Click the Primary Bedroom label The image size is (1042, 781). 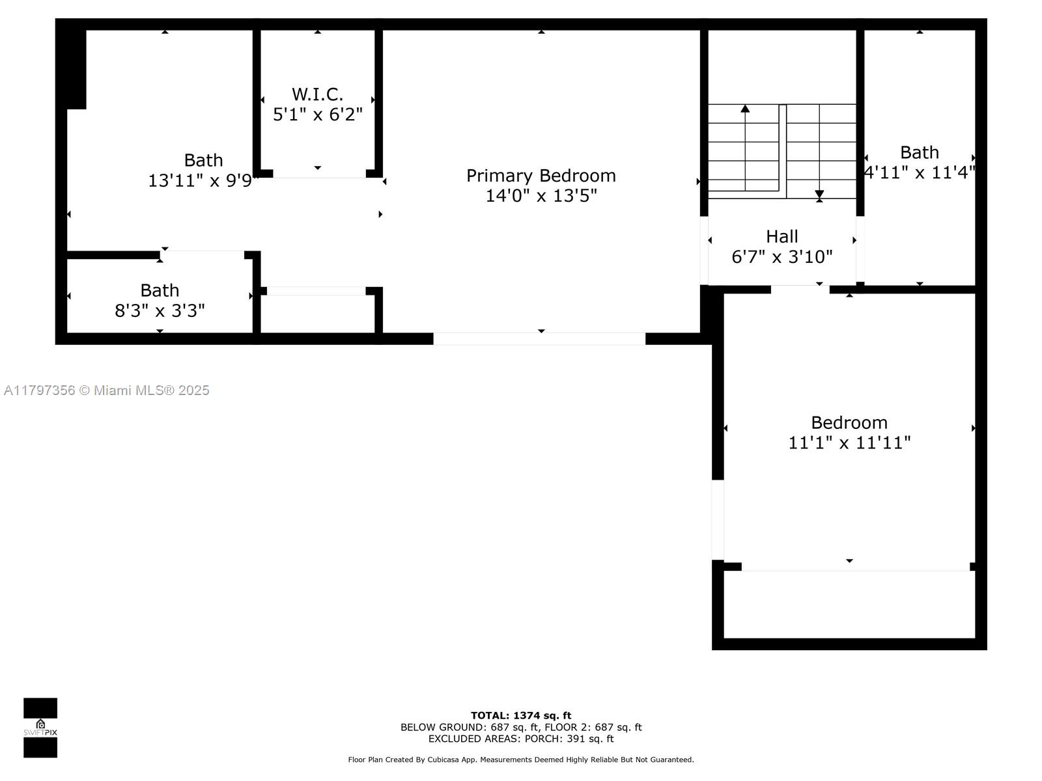point(541,176)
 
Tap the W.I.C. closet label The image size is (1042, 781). point(317,94)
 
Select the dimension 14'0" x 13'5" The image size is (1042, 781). point(541,195)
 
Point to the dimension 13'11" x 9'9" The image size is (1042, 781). point(203,181)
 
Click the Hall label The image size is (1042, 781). point(782,236)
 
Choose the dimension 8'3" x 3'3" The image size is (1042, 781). point(160,310)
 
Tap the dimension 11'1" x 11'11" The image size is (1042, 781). point(849,443)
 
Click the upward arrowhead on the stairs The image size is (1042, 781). point(745,109)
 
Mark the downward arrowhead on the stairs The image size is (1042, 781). point(819,195)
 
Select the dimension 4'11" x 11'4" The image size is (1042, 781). point(920,172)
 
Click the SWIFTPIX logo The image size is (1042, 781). point(40,728)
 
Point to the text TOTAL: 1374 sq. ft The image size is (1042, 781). point(521,715)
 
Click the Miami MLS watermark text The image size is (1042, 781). point(106,390)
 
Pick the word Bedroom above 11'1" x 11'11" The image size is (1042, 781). point(849,422)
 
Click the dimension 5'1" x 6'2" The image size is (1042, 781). point(317,115)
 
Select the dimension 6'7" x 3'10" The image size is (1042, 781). point(782,257)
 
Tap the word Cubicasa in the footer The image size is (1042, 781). point(443,760)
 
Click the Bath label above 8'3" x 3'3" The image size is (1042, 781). point(160,290)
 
